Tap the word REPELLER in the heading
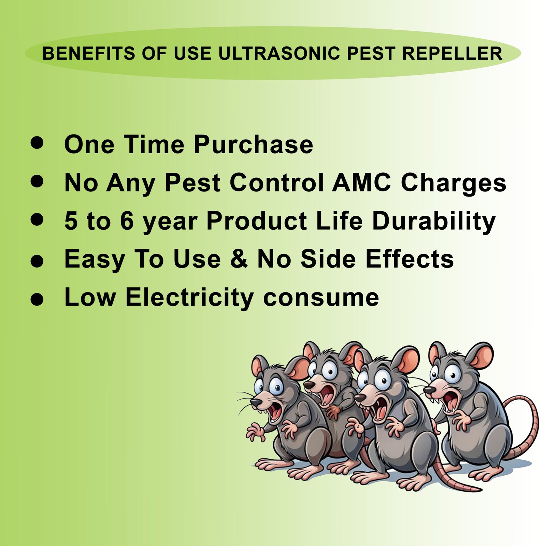pos(452,54)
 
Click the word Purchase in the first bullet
pos(253,144)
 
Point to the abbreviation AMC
pos(361,183)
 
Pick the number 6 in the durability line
pos(127,221)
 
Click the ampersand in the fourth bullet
pos(239,259)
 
